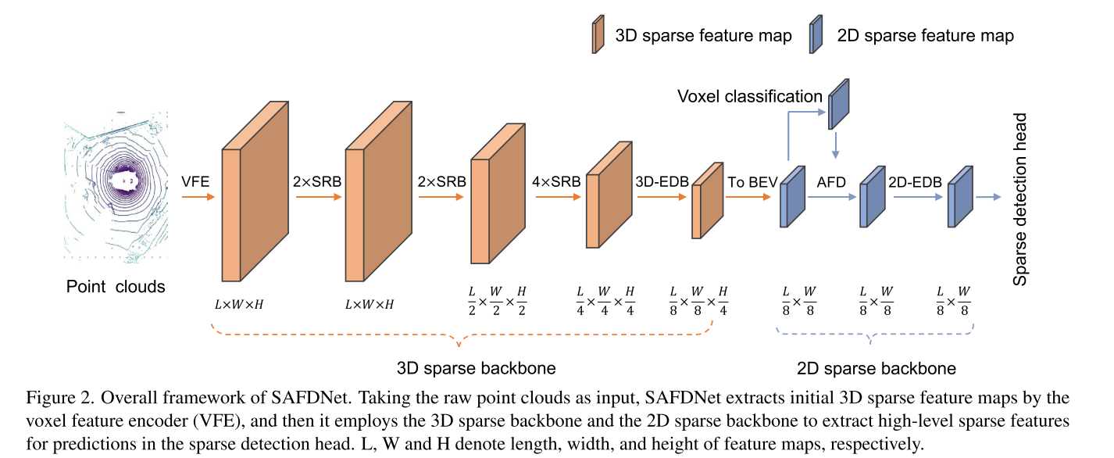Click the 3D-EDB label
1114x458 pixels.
click(x=663, y=181)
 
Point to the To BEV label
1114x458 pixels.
click(x=752, y=181)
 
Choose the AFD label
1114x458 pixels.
click(x=833, y=181)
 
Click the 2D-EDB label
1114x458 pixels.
click(x=913, y=181)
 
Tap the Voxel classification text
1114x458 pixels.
click(x=749, y=96)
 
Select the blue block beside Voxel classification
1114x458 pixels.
click(x=837, y=103)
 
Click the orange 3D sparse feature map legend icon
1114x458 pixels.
click(x=598, y=35)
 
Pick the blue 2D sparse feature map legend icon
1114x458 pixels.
click(x=817, y=35)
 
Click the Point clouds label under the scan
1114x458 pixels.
click(x=116, y=286)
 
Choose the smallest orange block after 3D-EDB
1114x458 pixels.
click(x=706, y=201)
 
